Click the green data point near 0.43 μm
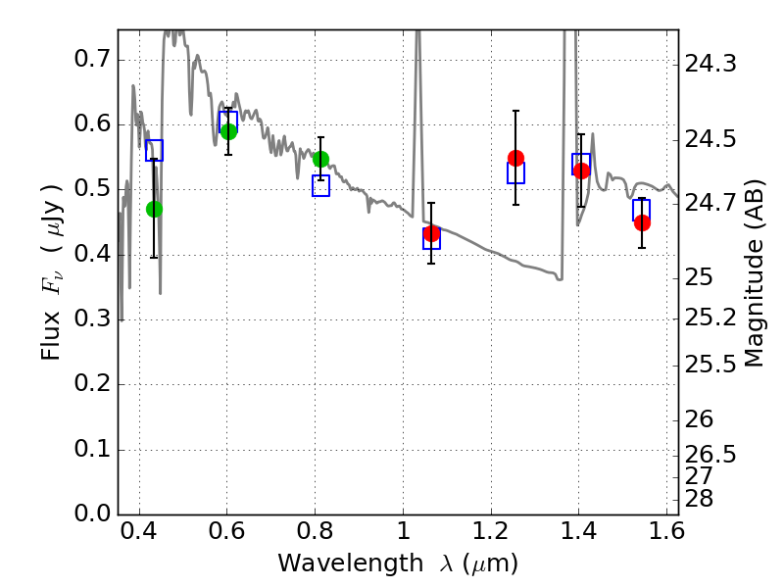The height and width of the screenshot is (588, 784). (x=154, y=209)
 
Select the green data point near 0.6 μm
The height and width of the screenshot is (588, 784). (x=228, y=131)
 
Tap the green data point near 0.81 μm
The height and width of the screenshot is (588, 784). (x=320, y=159)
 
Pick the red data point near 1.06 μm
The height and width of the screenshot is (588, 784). (x=431, y=233)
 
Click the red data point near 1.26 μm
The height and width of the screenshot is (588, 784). (x=515, y=158)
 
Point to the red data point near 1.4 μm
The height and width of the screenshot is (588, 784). (x=581, y=171)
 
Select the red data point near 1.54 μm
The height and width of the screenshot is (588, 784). (x=642, y=222)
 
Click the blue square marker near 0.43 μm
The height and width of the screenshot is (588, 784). (x=154, y=150)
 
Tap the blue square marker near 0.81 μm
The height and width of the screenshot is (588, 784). (x=320, y=186)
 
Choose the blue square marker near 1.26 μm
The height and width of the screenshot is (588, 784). (x=515, y=173)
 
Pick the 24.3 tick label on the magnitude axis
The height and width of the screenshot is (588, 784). (x=713, y=65)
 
